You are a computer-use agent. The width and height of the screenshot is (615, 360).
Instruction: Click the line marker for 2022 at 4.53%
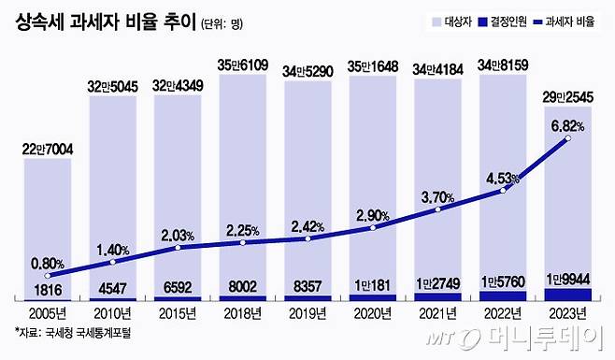pyautogui.click(x=503, y=191)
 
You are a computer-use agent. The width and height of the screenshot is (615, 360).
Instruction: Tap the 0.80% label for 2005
pyautogui.click(x=47, y=263)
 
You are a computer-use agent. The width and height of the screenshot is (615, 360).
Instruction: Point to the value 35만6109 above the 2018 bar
pyautogui.click(x=243, y=65)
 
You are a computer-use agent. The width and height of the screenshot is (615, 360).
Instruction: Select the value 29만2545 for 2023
pyautogui.click(x=567, y=98)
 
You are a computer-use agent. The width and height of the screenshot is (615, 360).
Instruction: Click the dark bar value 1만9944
pyautogui.click(x=567, y=280)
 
